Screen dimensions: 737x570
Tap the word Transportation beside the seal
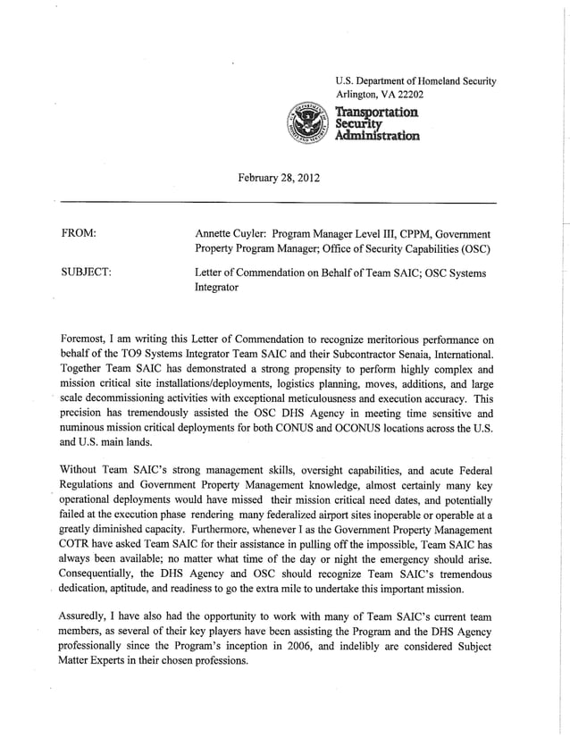[376, 111]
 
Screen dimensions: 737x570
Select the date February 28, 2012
[278, 179]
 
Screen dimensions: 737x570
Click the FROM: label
[78, 233]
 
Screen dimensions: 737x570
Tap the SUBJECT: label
[85, 272]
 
